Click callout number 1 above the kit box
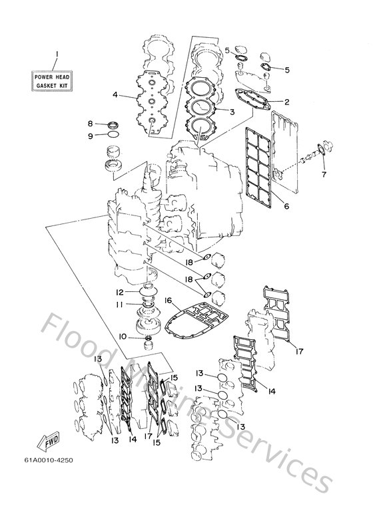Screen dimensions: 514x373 (x=57, y=53)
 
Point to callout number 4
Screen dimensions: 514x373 (x=115, y=94)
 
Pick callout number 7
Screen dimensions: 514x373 (x=324, y=175)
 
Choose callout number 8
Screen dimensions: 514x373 (x=91, y=123)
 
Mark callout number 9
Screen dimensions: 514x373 (x=91, y=136)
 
